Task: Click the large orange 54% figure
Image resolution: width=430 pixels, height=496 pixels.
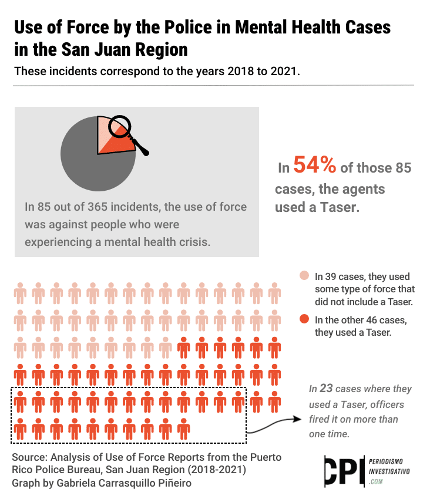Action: [315, 166]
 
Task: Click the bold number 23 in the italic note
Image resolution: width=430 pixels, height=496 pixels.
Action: [326, 389]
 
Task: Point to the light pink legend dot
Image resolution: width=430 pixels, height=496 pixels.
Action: [304, 276]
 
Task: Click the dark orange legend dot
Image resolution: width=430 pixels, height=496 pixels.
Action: [304, 319]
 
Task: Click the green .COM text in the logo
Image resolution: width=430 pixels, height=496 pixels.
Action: [376, 482]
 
